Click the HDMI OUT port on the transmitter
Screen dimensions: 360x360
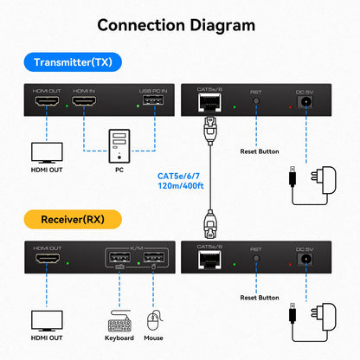coord(46,106)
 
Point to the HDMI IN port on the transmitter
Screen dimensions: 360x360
coord(86,106)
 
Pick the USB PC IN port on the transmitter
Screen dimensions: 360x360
coord(151,106)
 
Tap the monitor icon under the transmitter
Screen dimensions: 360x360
coord(46,152)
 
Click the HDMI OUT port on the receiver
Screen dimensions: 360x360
coord(46,261)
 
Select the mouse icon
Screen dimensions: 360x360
coord(154,325)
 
